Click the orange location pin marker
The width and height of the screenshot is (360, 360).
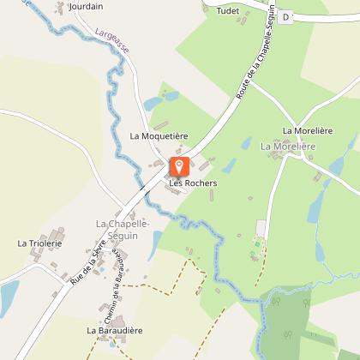coord(180,166)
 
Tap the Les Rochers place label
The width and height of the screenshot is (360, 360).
coord(193,183)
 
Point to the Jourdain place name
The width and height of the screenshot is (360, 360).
coord(86,6)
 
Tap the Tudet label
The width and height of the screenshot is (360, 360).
coord(227,11)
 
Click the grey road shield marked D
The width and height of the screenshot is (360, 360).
coord(286,16)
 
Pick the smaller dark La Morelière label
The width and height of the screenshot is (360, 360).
coord(308,131)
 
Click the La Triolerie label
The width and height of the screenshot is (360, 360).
coord(39,243)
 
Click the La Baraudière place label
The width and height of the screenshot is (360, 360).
coord(114,329)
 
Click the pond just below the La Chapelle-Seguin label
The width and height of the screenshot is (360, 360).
coord(154,245)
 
